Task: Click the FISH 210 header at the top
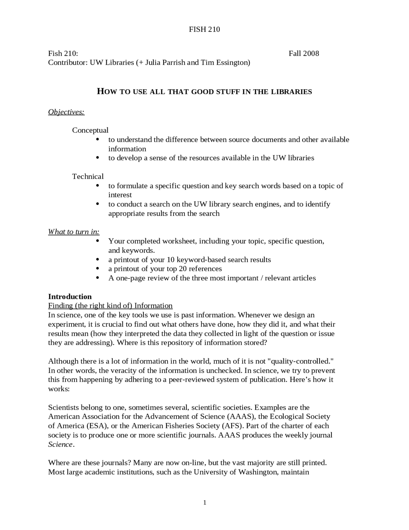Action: point(204,29)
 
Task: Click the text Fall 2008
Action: point(304,53)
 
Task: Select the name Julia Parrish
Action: point(165,62)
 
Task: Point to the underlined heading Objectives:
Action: point(66,112)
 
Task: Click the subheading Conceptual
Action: point(90,130)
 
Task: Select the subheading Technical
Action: point(88,176)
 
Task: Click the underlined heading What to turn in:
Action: point(74,232)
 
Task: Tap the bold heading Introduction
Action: point(70,296)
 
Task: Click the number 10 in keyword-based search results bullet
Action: point(171,260)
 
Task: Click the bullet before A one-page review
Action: point(98,278)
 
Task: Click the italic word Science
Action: point(60,445)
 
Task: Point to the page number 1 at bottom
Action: point(205,503)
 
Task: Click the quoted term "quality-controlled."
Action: point(300,361)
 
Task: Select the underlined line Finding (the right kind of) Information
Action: point(110,306)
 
